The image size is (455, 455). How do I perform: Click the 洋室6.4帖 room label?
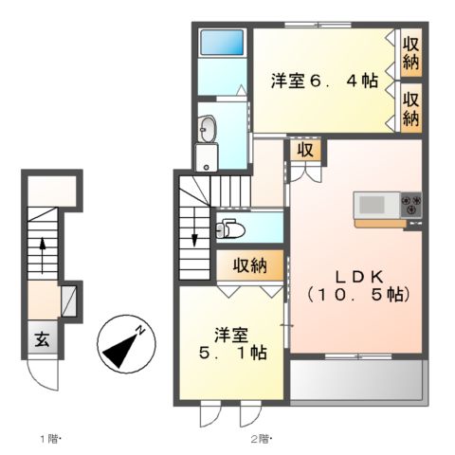pos(323,81)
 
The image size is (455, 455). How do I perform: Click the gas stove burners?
pos(411,202)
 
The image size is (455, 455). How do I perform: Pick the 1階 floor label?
pos(50,438)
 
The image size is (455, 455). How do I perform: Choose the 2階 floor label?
pos(261,438)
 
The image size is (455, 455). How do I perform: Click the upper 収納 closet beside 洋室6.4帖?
pos(410,53)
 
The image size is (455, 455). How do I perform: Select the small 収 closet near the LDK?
pos(305,151)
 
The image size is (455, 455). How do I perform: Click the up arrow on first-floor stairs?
pos(43,250)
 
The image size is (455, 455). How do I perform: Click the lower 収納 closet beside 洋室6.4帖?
pos(410,107)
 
